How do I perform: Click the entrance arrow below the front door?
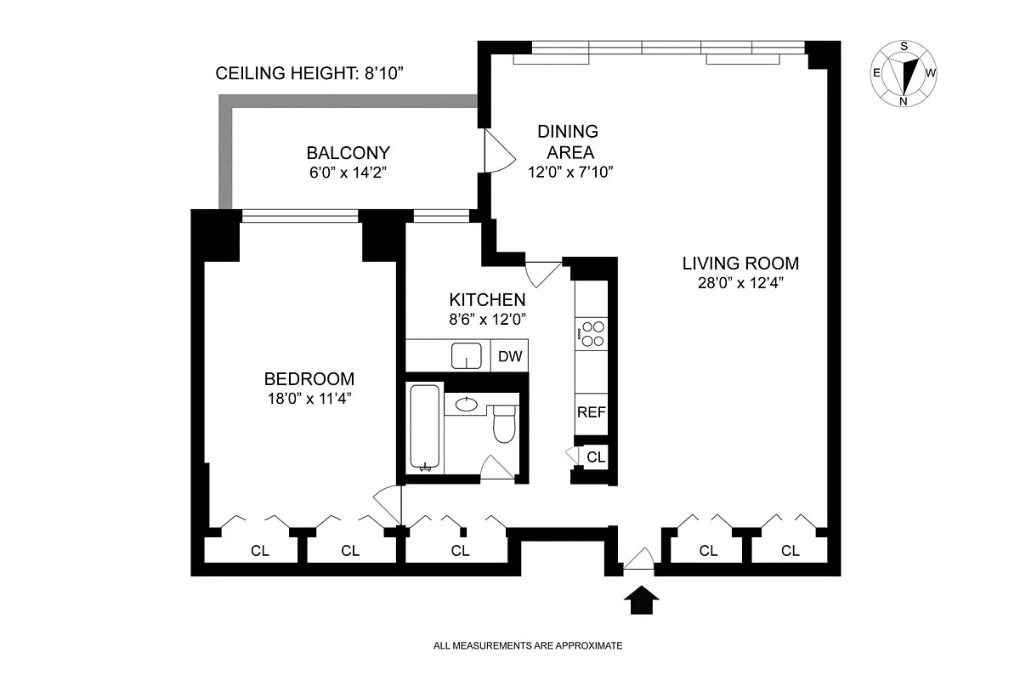[x=641, y=600]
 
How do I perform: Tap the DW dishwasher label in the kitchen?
[x=510, y=356]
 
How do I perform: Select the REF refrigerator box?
[x=592, y=413]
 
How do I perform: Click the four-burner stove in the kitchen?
[x=592, y=334]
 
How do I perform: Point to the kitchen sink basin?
[x=467, y=355]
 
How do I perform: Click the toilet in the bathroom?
[x=504, y=423]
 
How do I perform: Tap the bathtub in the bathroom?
[x=425, y=428]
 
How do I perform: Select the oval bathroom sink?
[x=467, y=404]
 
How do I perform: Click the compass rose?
[x=904, y=73]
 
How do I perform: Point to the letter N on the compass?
[x=904, y=101]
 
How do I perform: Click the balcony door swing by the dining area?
[x=500, y=150]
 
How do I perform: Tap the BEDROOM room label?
[x=309, y=379]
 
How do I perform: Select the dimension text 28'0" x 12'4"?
[x=740, y=283]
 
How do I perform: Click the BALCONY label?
[x=348, y=153]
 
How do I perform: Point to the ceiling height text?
[x=309, y=73]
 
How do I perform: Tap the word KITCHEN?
[x=487, y=300]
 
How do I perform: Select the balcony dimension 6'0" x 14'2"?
[x=348, y=173]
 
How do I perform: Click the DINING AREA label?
[x=569, y=142]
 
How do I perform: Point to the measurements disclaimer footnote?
[x=528, y=645]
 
